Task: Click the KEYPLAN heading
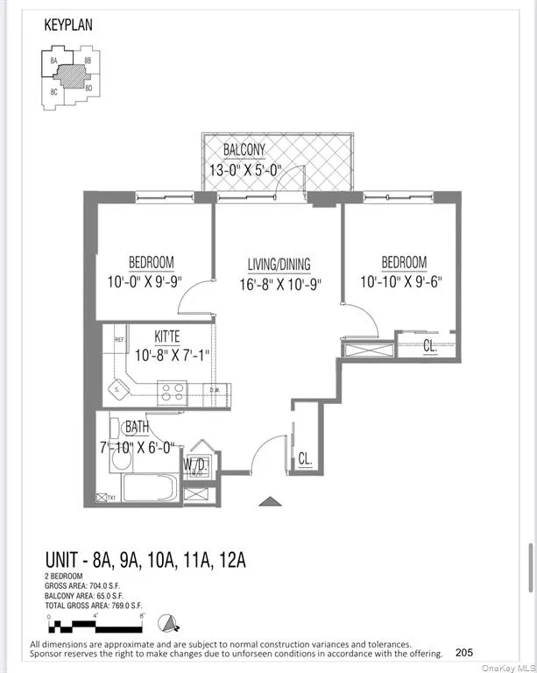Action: pos(67,25)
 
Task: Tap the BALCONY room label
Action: pos(244,150)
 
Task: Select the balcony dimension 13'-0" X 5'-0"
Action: pos(244,170)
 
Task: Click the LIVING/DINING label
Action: pos(279,265)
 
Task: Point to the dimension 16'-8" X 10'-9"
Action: pos(279,284)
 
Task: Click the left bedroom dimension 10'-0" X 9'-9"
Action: pos(151,282)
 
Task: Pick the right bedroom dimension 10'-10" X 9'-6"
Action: pos(404,282)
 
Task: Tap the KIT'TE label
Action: pos(168,336)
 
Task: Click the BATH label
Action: pos(137,428)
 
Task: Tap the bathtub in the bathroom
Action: pos(150,488)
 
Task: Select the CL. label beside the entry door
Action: pos(305,458)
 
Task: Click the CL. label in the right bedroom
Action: pos(430,347)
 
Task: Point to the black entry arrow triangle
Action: pos(271,501)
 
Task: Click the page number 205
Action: pos(465,652)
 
